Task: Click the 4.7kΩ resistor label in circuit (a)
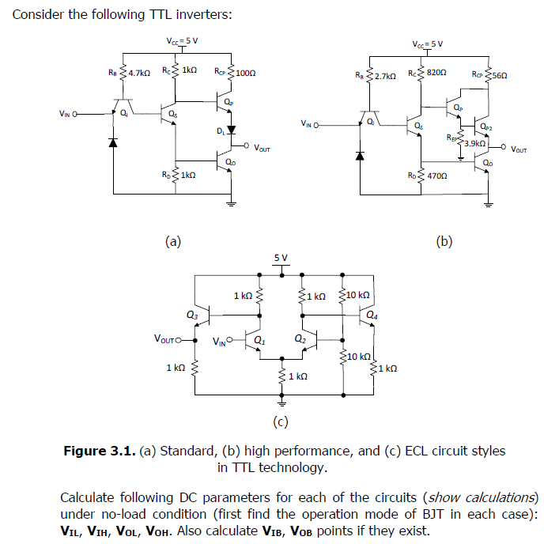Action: [x=138, y=73]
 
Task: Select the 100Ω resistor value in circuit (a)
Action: [x=245, y=73]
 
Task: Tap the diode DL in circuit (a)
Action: [x=230, y=130]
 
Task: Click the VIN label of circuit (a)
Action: [x=69, y=112]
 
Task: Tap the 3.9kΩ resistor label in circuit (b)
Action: [x=474, y=143]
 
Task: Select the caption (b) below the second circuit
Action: [x=444, y=241]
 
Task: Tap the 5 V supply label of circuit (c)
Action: [x=281, y=258]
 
